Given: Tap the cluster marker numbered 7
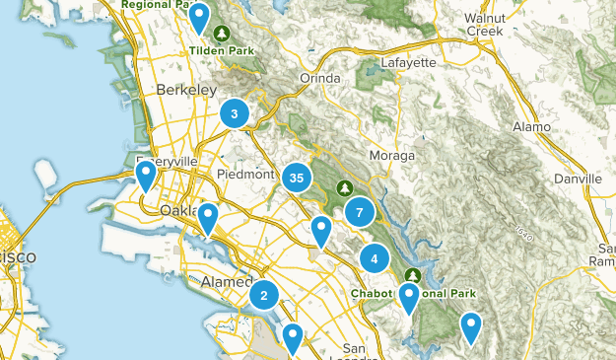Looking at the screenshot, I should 360,212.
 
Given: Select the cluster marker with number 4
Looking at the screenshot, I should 375,259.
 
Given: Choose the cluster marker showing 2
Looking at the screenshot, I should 264,295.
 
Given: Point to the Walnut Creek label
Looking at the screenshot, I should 492,25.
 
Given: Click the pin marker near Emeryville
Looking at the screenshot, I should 146,177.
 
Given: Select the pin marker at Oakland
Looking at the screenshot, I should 207,219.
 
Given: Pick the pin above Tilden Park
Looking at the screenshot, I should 199,16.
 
